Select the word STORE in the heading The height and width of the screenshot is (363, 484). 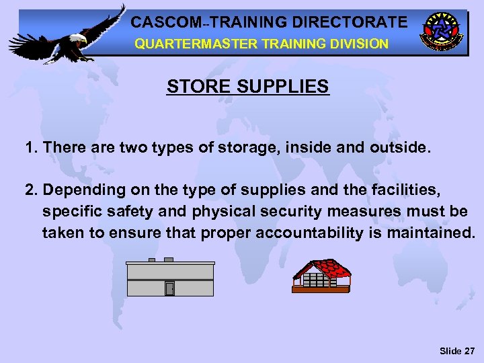(192, 87)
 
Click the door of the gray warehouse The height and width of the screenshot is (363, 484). (169, 288)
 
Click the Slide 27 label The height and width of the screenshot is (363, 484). (456, 351)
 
